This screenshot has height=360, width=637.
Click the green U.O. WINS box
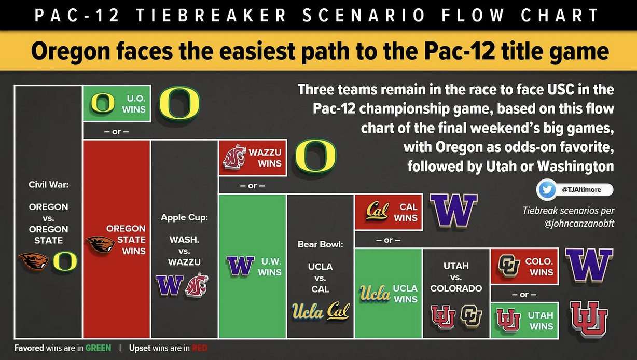(117, 103)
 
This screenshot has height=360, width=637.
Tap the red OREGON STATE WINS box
(117, 239)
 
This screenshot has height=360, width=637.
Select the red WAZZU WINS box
(252, 158)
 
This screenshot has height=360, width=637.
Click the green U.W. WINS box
(253, 266)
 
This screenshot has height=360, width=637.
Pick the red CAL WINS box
(387, 212)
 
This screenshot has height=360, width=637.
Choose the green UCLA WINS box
(387, 293)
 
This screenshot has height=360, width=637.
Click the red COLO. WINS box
(524, 266)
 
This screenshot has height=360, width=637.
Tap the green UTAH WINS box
(524, 320)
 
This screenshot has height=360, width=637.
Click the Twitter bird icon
(546, 190)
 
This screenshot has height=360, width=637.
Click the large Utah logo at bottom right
(589, 320)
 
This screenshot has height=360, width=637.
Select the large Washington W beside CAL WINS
(454, 211)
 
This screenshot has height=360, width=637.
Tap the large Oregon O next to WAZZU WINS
(316, 157)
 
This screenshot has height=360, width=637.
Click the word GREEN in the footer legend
(99, 348)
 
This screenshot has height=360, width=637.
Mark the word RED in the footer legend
(200, 348)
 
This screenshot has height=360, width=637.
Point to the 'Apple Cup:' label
(184, 217)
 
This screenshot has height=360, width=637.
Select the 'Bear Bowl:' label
(320, 243)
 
